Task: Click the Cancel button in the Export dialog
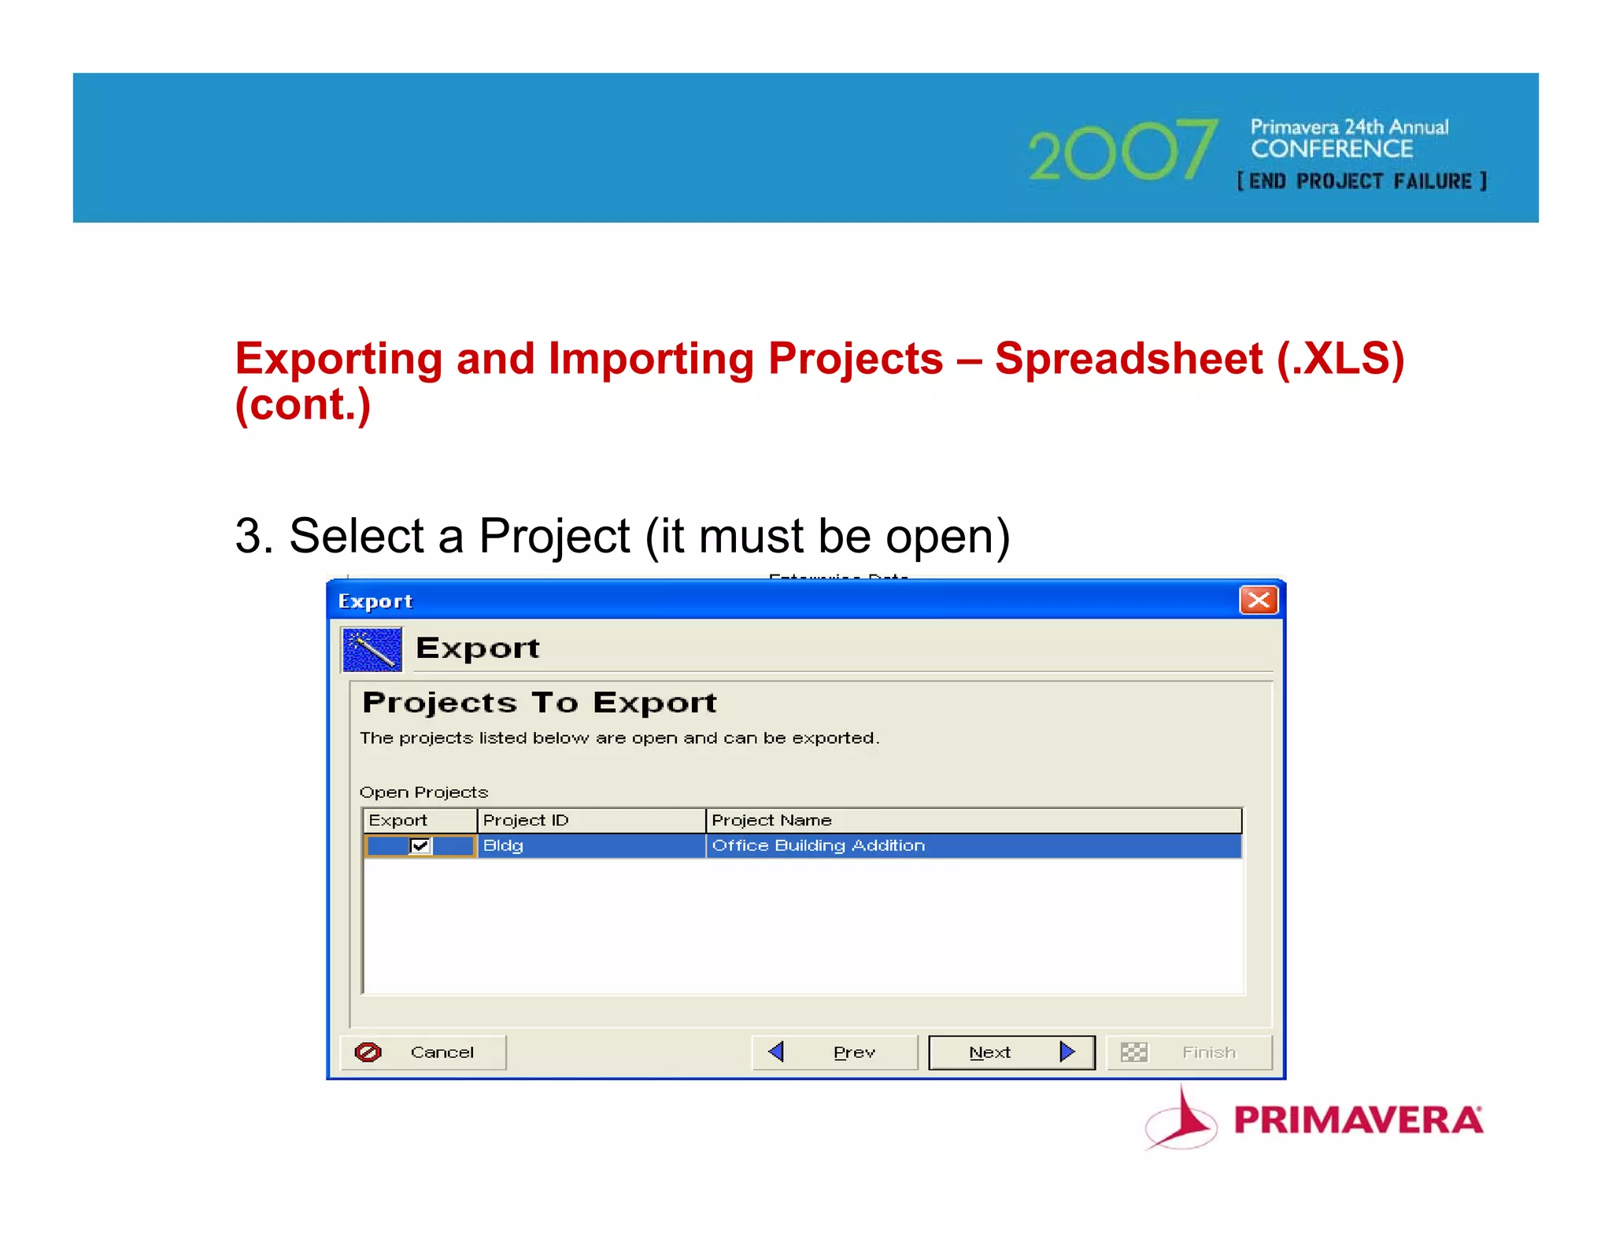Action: (423, 1052)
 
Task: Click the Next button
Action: (1011, 1052)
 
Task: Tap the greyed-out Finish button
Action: (1189, 1052)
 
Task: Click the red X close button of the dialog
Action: (1258, 600)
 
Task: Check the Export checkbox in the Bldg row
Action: (420, 846)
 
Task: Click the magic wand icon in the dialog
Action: (372, 649)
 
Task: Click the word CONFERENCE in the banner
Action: (1332, 149)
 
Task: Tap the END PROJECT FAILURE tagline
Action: (1361, 182)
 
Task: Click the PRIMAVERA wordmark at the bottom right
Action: (1358, 1120)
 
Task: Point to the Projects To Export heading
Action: (539, 702)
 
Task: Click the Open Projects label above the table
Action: (423, 792)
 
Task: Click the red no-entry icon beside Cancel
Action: (368, 1052)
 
